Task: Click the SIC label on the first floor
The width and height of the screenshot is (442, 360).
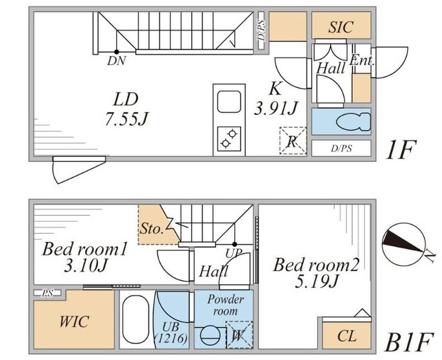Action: click(340, 28)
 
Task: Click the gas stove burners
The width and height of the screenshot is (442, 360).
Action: click(229, 138)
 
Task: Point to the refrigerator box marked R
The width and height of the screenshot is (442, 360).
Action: click(293, 142)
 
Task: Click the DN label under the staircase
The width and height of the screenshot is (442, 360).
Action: click(117, 61)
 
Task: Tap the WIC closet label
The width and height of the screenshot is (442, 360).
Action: click(73, 323)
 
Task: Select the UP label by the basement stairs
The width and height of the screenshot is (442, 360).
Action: click(235, 254)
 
